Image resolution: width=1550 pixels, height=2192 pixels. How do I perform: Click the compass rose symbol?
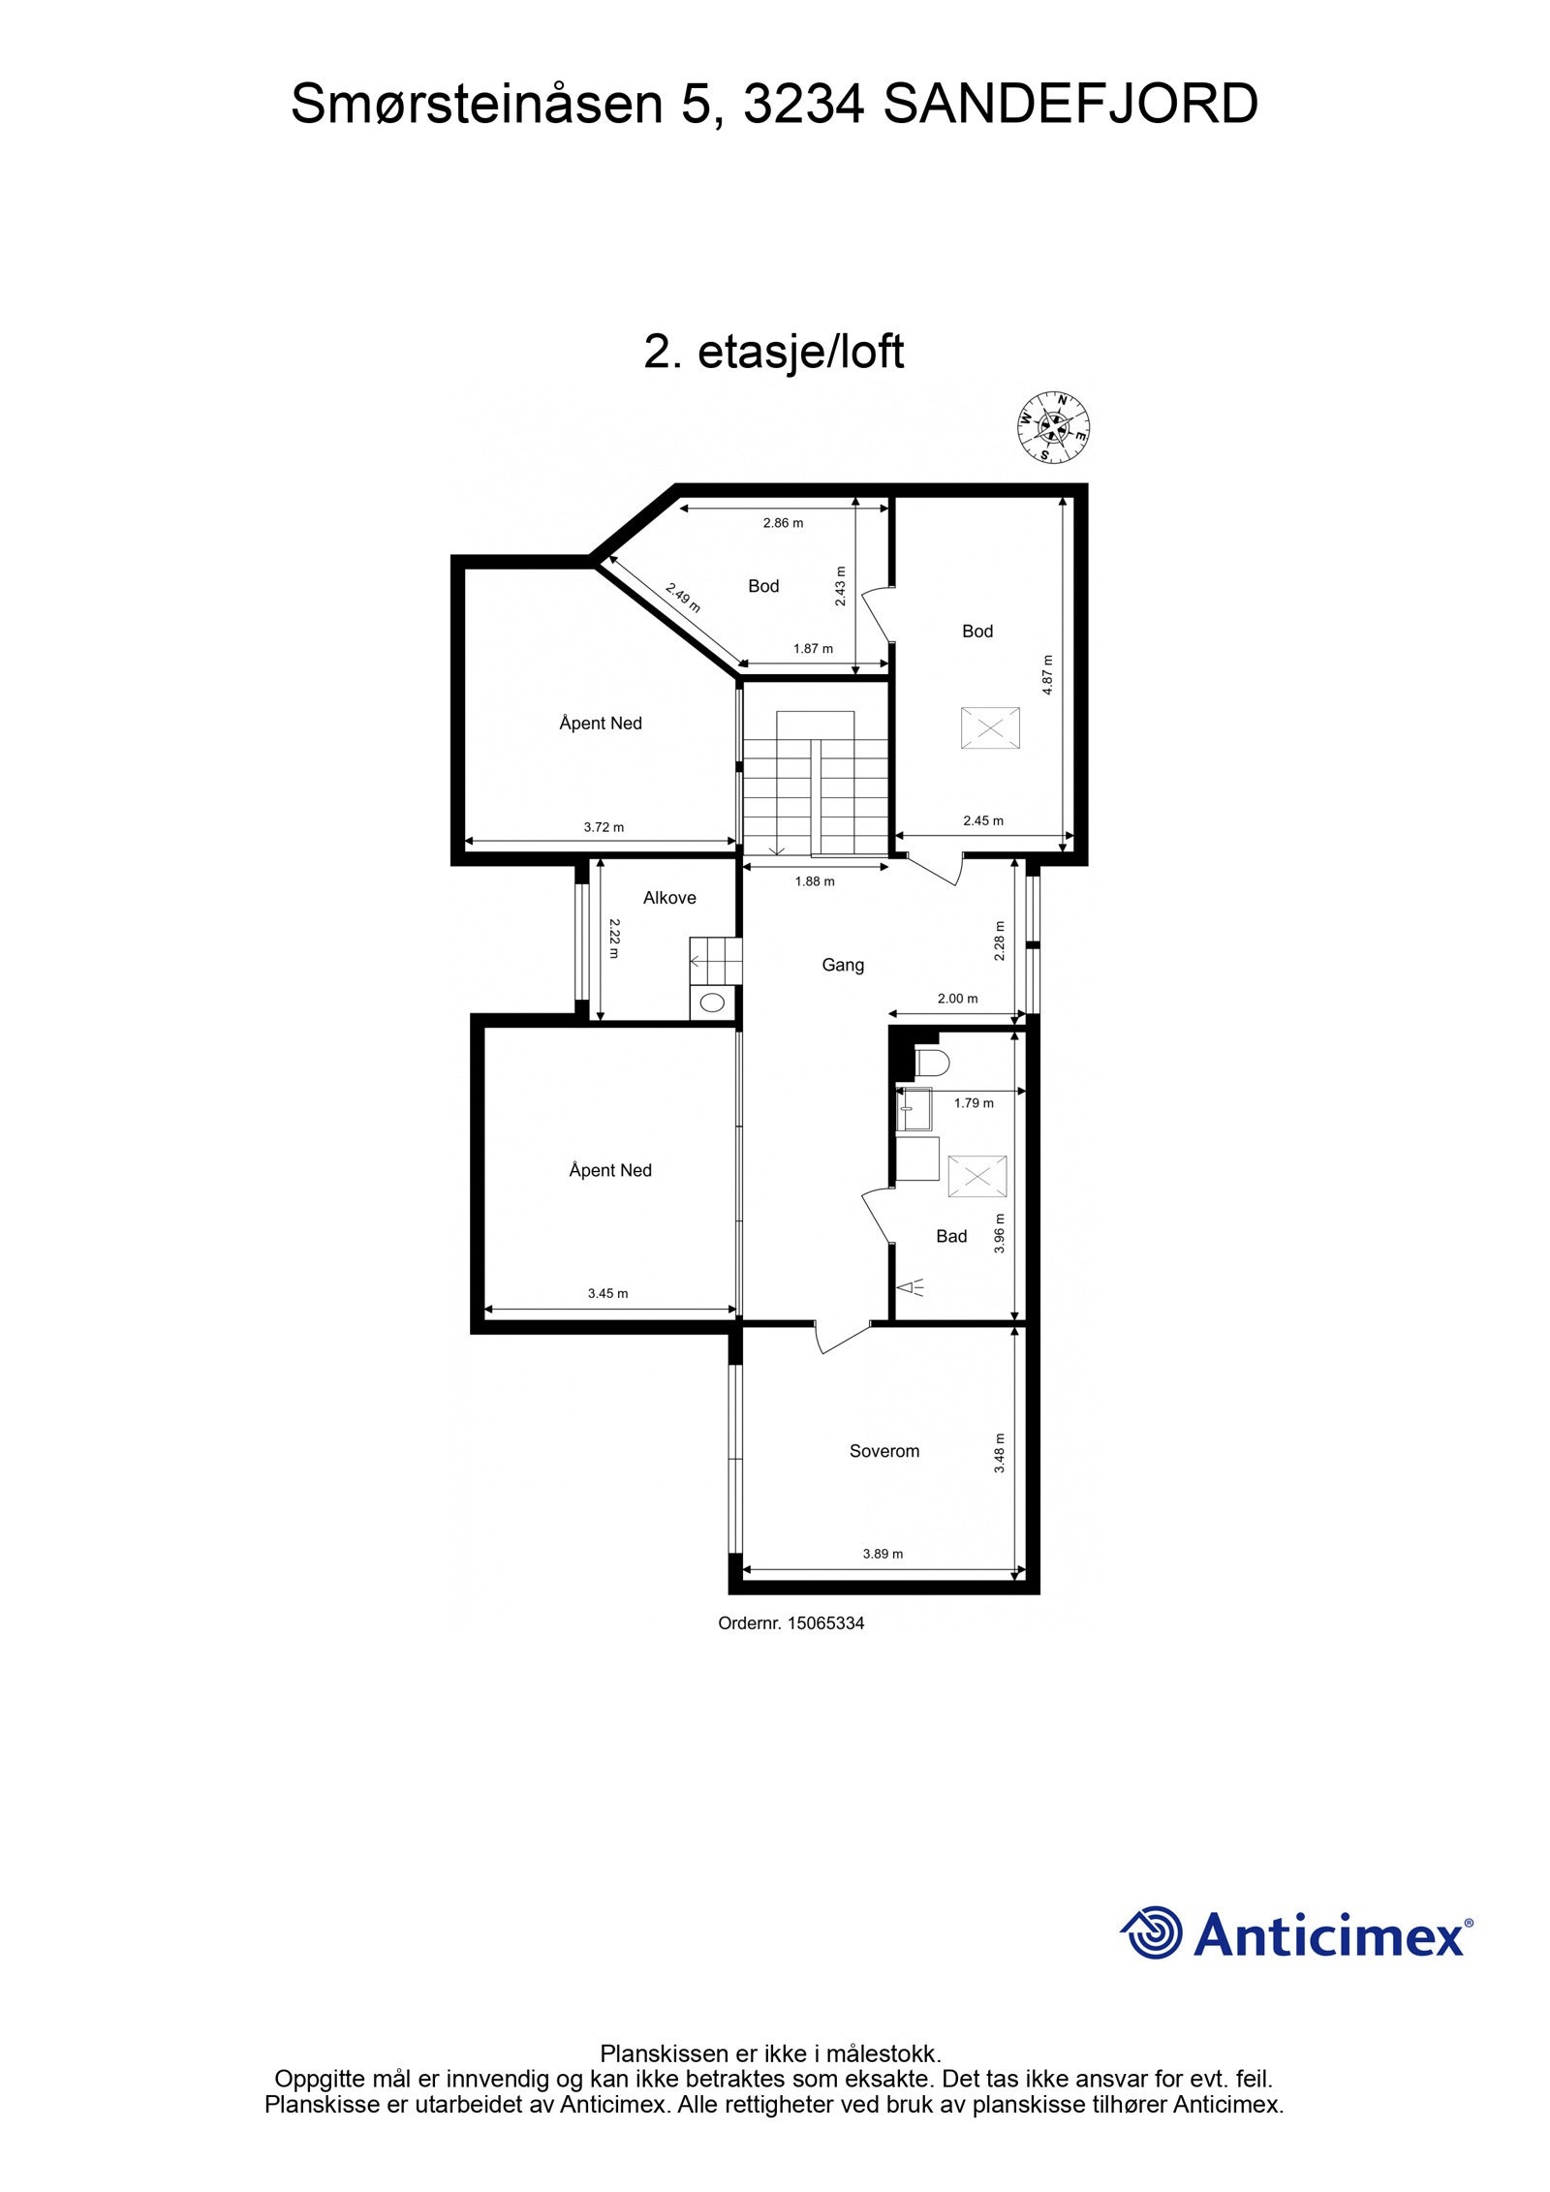[x=1052, y=427]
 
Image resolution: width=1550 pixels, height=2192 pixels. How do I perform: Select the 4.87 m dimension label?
[x=1047, y=674]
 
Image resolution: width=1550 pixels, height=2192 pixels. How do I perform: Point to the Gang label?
[x=842, y=965]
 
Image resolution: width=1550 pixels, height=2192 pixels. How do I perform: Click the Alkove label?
[x=669, y=898]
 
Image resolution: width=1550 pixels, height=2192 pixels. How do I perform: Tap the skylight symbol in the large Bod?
[x=989, y=728]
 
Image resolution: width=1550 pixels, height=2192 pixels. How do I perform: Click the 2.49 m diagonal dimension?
[x=683, y=598]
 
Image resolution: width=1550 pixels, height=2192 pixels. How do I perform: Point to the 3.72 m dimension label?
[x=604, y=827]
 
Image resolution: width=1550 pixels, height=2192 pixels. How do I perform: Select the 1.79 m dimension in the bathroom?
[x=974, y=1102]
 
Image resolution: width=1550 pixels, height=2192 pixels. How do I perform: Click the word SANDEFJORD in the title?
[x=1070, y=105]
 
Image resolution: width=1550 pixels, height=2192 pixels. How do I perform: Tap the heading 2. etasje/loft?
[x=774, y=352]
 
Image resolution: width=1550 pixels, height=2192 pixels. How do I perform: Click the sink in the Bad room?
[x=913, y=1108]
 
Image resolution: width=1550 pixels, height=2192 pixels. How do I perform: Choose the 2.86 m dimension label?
[x=783, y=523]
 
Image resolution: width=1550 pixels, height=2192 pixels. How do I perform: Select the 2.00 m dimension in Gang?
[x=957, y=999]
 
